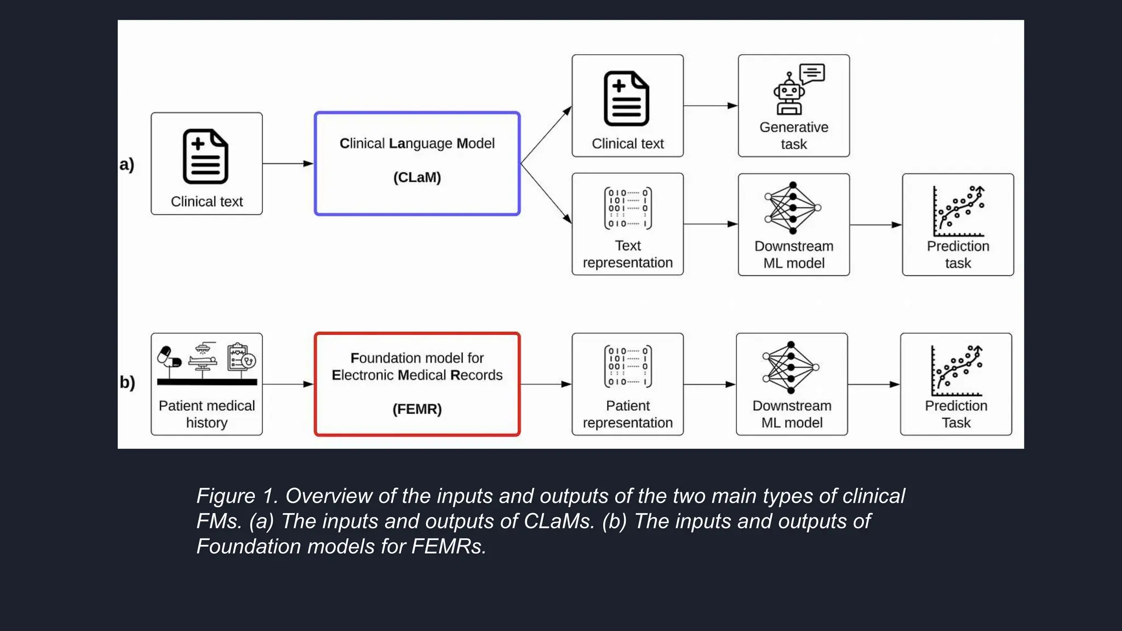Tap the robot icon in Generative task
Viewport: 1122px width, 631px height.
pos(789,94)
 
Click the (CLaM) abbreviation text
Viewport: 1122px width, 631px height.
pos(417,177)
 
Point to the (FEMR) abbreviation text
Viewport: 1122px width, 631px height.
pos(417,409)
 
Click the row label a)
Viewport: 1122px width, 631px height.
pos(127,164)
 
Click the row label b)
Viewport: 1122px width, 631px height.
pos(127,382)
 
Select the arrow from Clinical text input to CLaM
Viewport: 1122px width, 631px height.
pos(288,163)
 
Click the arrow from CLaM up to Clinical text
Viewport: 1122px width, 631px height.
pos(546,135)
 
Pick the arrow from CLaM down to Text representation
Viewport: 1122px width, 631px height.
pos(546,193)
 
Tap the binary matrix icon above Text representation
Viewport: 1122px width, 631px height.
pos(628,208)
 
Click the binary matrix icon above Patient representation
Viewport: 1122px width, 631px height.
pos(628,366)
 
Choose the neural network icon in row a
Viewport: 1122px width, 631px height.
pos(793,208)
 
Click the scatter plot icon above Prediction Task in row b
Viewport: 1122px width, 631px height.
pos(957,371)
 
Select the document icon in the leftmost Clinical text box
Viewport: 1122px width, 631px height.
pos(205,157)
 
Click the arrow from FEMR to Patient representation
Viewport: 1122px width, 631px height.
pos(546,384)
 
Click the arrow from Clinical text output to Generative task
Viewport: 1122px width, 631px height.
pos(711,106)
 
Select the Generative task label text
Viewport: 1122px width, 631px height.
pos(793,136)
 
